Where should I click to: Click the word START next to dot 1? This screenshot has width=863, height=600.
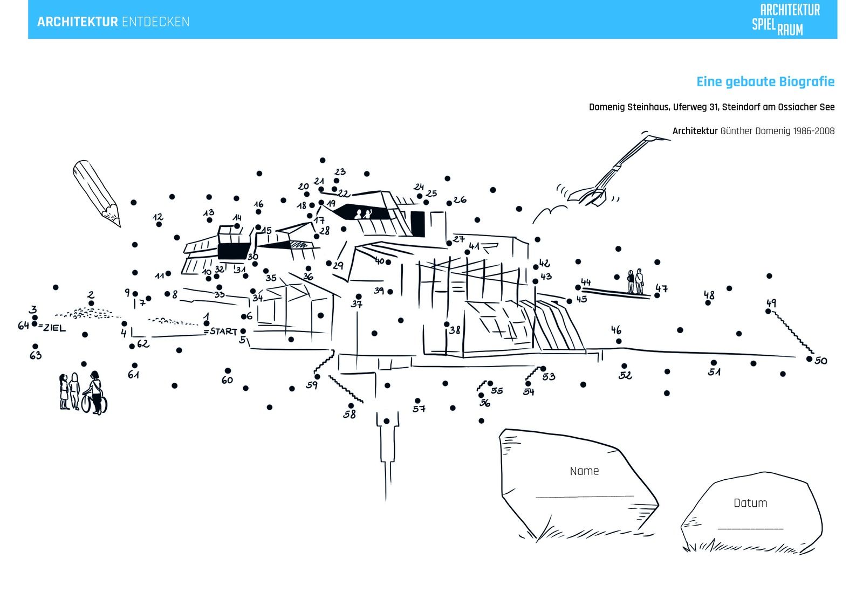(224, 331)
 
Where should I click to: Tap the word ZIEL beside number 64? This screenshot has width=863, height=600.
(54, 328)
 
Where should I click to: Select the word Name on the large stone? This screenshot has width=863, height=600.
(584, 471)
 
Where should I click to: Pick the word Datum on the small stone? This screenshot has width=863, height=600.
(750, 503)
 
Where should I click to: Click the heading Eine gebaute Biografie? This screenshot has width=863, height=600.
(765, 82)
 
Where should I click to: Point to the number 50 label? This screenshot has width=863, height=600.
(821, 361)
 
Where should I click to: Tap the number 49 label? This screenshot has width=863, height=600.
(771, 303)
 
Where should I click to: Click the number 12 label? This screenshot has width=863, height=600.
(157, 217)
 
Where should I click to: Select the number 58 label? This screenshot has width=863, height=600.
(350, 415)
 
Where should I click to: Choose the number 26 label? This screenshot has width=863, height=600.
(460, 200)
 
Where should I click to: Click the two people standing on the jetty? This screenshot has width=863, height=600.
(635, 281)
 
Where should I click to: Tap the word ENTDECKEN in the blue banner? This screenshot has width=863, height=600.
(155, 22)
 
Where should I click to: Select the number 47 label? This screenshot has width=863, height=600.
(662, 288)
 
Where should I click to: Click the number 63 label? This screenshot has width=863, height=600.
(36, 355)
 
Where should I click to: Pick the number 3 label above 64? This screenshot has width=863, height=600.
(33, 309)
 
